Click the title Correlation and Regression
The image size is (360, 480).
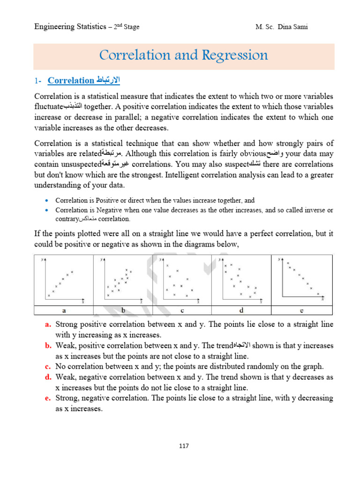183,55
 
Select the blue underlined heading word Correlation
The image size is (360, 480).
71,81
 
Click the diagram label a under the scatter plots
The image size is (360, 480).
64,310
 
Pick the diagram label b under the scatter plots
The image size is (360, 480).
123,310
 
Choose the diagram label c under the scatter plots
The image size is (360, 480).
182,310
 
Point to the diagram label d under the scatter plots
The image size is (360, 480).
241,310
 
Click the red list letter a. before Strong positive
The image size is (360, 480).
48,324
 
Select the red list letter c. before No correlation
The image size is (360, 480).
48,367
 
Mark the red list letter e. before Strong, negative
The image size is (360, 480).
48,398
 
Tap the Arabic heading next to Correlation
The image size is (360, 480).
108,80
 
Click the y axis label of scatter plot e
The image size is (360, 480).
280,259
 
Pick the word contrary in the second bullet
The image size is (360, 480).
67,219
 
